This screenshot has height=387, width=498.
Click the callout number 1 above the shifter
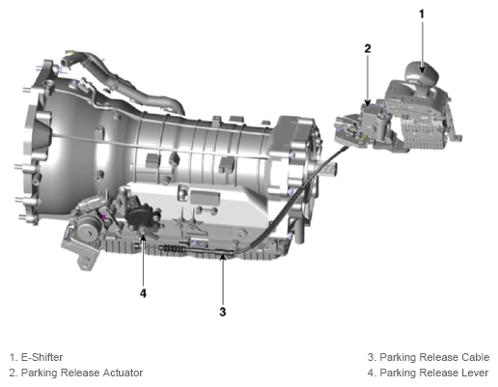coord(422,14)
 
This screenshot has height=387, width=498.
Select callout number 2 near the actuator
coord(368,48)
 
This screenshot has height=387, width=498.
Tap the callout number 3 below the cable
coord(223,312)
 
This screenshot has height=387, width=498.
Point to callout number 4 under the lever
coord(143,293)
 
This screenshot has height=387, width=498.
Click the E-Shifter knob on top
coord(422,73)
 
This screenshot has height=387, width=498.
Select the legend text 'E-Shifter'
coord(41,357)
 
